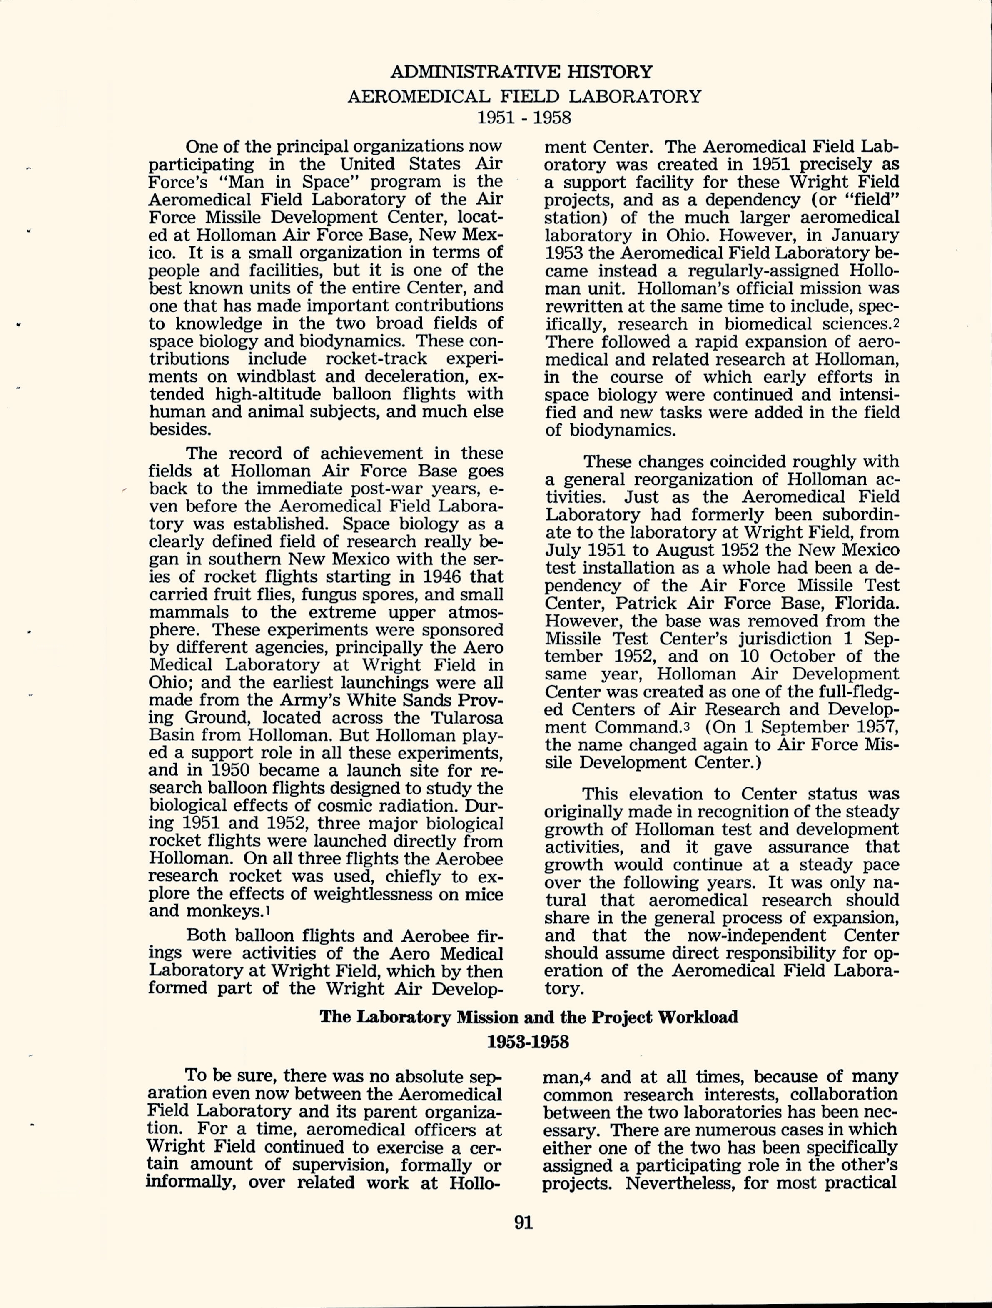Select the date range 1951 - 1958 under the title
pos(523,118)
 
